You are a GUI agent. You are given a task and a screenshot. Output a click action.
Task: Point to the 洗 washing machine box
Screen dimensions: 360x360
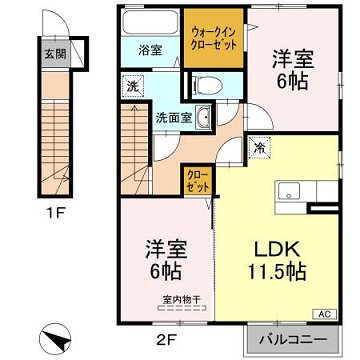click(x=130, y=85)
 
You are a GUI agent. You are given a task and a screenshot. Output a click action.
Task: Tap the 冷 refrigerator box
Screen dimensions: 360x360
click(x=258, y=148)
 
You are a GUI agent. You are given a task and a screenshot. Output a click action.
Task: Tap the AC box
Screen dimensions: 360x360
click(x=325, y=314)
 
